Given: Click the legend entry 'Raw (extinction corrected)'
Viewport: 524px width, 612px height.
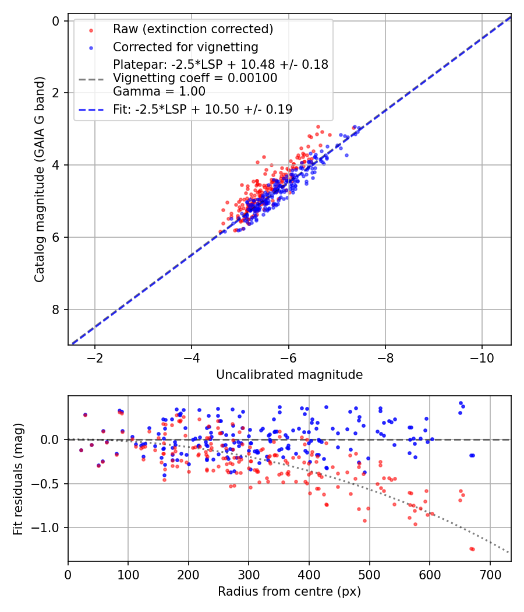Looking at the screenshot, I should (x=193, y=29).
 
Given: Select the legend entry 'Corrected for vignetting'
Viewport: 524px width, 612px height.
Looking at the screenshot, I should (x=185, y=47).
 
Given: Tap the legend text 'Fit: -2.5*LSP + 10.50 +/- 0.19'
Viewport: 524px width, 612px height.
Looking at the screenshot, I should (x=203, y=109).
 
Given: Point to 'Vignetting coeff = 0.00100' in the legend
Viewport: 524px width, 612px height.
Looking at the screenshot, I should (x=195, y=78).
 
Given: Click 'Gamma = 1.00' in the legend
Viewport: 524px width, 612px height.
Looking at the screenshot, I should (x=159, y=92).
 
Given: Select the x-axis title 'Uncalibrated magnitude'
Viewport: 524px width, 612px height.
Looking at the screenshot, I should (x=289, y=375).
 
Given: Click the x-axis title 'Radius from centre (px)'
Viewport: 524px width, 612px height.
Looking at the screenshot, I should (x=289, y=592).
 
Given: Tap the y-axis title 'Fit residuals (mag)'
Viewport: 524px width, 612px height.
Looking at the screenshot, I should (x=18, y=479).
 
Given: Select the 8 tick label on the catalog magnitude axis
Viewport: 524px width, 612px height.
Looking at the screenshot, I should (x=56, y=309).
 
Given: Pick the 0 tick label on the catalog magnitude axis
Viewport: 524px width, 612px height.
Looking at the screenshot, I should (x=56, y=21).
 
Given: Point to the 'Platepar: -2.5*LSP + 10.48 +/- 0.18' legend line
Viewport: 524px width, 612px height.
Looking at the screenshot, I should (x=221, y=65).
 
